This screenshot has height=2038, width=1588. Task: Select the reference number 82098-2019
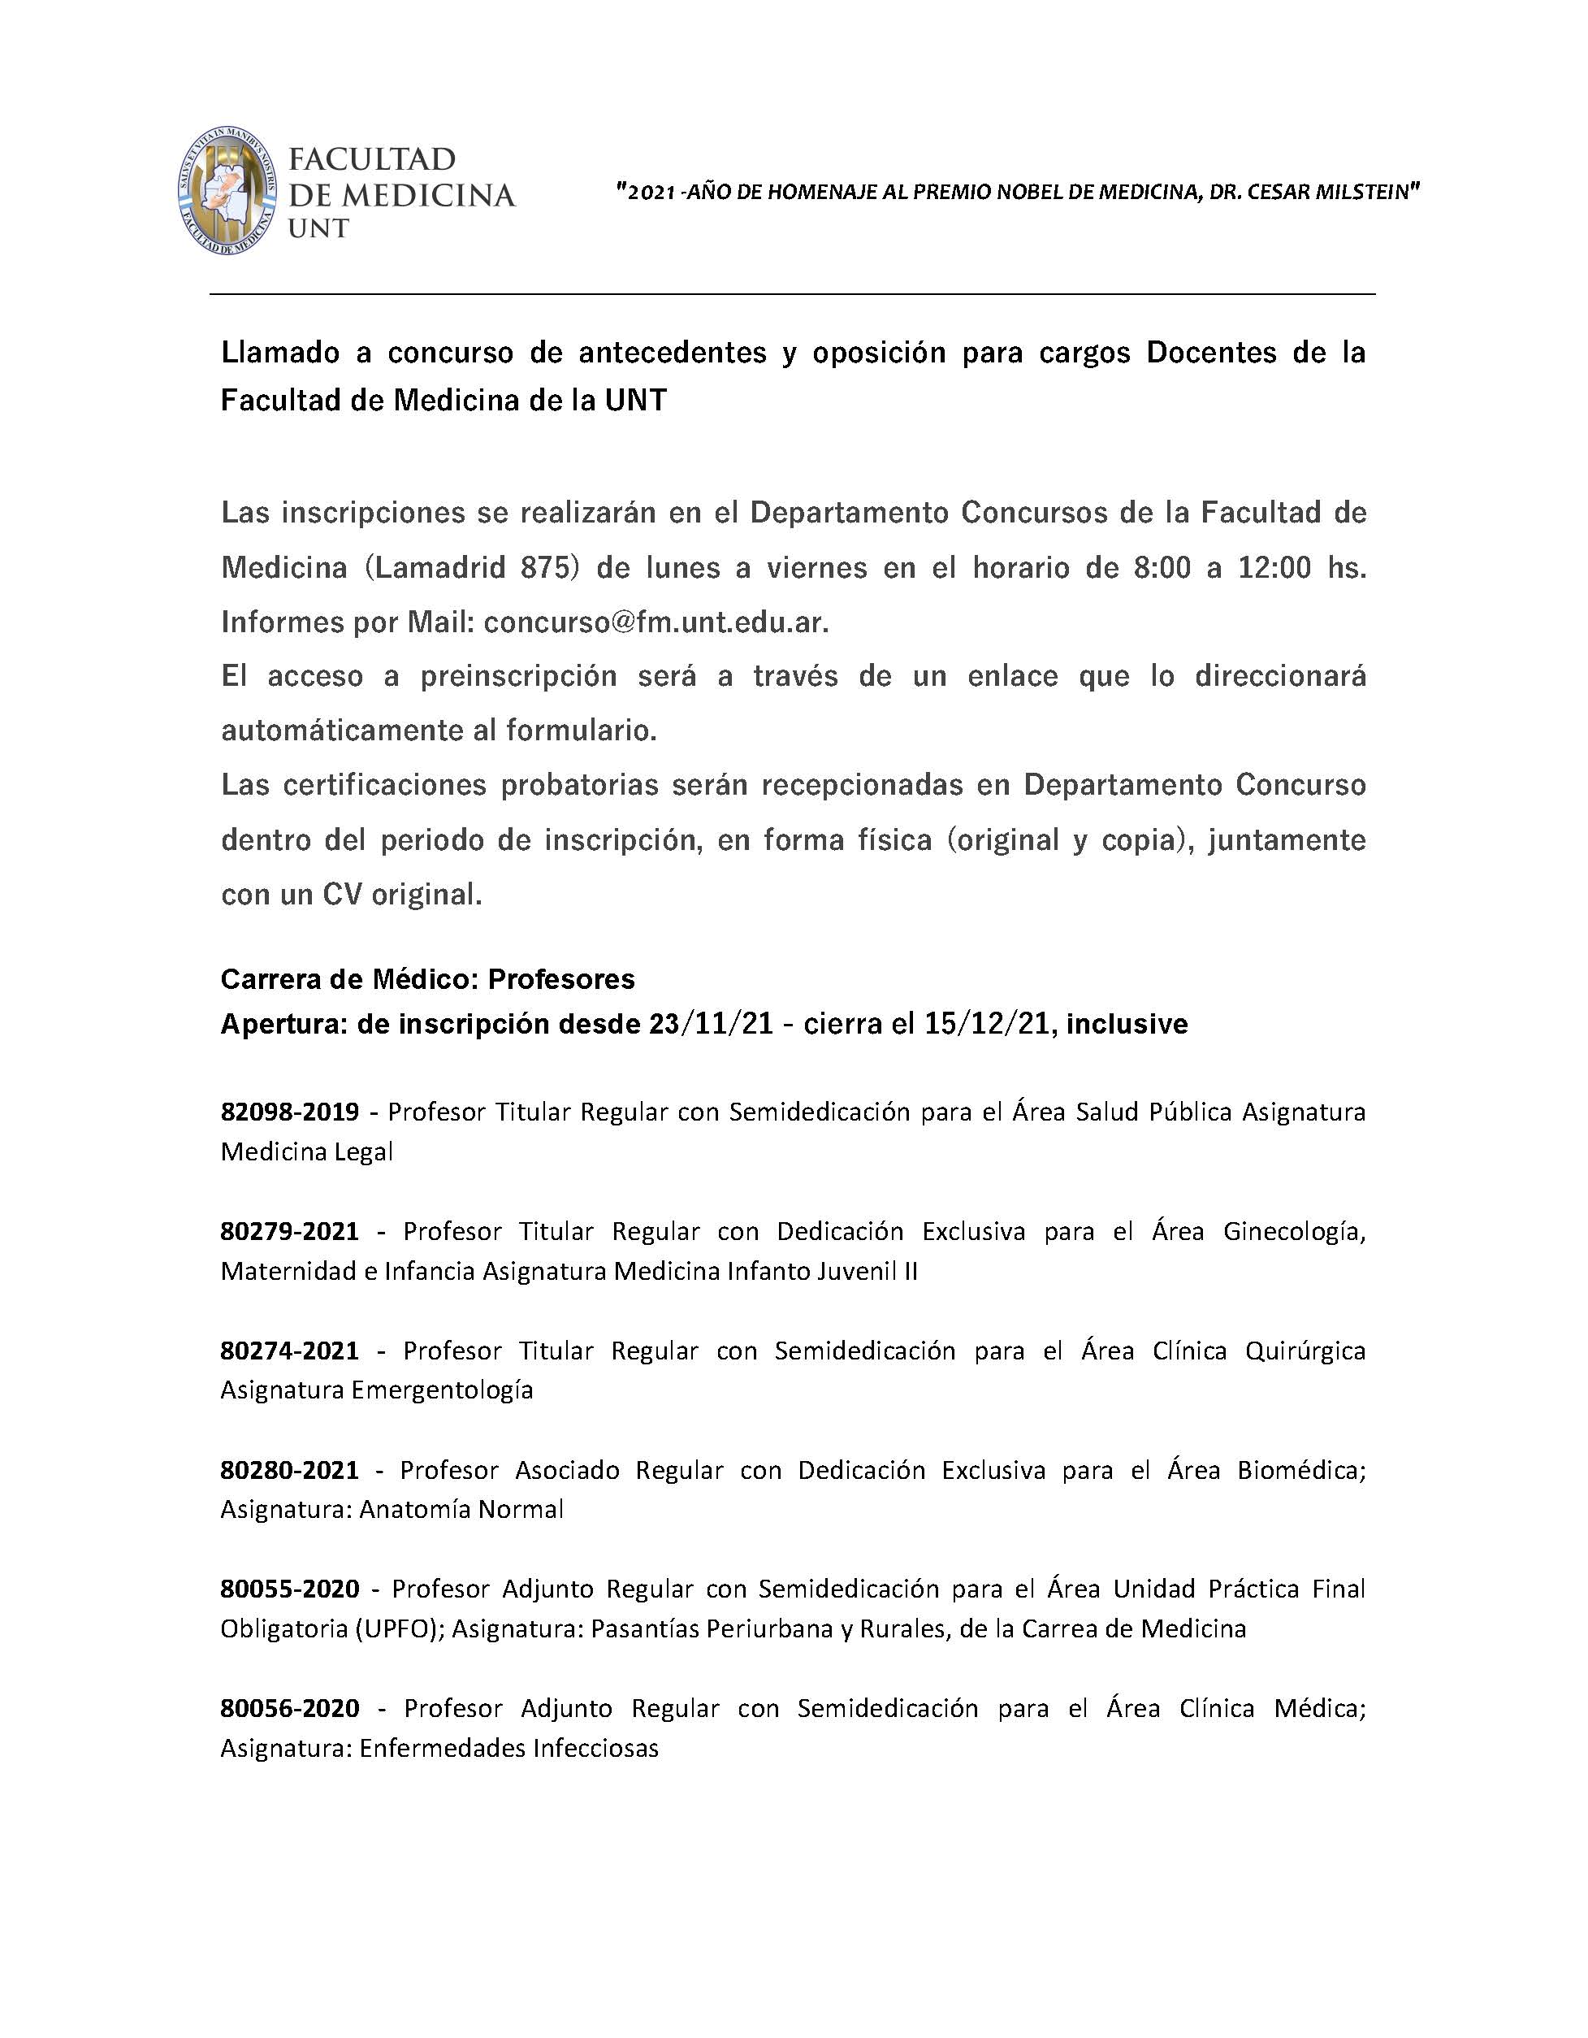(x=289, y=1112)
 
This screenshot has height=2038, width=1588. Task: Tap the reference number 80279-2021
(x=289, y=1232)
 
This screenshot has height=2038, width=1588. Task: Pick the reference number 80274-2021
(x=289, y=1351)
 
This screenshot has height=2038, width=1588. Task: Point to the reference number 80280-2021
(x=289, y=1471)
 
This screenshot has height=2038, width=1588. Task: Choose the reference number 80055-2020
(x=289, y=1589)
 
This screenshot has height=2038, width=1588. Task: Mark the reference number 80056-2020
(x=289, y=1709)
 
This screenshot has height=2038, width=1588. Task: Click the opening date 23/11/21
(x=711, y=1025)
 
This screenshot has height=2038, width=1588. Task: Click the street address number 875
(x=551, y=567)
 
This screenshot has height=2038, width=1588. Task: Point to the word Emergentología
(x=441, y=1390)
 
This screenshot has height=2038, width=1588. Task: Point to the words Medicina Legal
(x=307, y=1152)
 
